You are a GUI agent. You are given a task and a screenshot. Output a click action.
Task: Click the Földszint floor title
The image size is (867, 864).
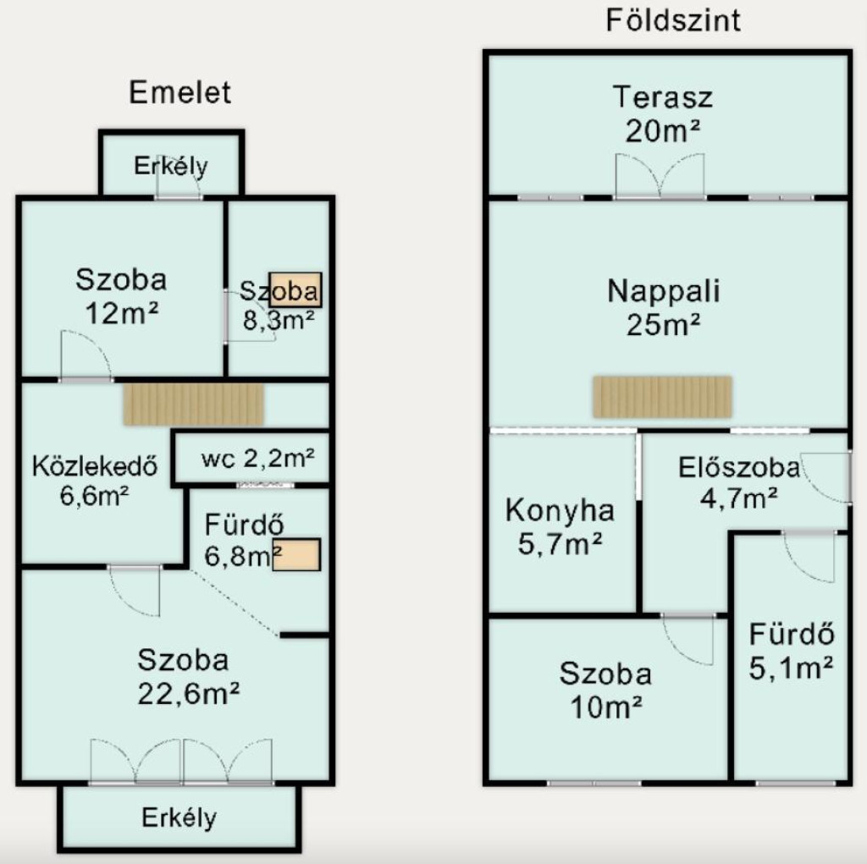[x=673, y=21]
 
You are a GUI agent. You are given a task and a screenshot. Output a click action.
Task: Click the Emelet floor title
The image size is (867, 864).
[x=179, y=92]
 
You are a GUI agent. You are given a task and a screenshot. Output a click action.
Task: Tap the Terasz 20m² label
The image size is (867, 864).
[x=663, y=114]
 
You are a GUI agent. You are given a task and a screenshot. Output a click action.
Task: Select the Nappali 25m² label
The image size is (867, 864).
[x=664, y=307]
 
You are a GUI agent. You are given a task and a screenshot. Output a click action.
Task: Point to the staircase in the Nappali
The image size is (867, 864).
[x=662, y=396]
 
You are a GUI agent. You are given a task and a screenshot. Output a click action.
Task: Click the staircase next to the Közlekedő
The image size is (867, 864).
[x=194, y=404]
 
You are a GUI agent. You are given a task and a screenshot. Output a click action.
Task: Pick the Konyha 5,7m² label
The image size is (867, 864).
[x=560, y=527]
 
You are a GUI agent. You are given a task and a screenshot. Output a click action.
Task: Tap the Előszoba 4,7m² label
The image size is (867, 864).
[x=738, y=482]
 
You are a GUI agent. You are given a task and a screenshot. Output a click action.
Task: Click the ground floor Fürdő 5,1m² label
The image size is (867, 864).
[x=792, y=652]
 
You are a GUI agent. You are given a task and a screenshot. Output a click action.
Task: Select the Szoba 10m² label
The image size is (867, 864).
[x=605, y=691]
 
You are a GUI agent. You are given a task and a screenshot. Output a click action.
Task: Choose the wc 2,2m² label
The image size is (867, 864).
[x=258, y=458]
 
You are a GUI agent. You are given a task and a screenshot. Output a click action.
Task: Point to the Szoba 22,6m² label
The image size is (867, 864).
[x=188, y=677]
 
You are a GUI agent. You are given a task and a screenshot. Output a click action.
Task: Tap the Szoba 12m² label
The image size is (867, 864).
[x=121, y=295]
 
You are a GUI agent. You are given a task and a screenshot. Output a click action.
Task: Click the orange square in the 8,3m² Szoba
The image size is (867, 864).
[x=295, y=289]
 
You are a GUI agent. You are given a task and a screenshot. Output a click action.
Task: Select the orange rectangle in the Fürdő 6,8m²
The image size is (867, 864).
[x=296, y=554]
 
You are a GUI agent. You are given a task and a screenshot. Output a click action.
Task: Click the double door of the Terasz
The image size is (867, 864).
[x=660, y=176]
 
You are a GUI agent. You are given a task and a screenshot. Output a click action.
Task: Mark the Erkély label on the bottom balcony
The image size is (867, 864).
[x=179, y=817]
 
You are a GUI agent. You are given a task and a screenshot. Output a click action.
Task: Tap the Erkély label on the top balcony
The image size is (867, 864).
[x=171, y=165]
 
